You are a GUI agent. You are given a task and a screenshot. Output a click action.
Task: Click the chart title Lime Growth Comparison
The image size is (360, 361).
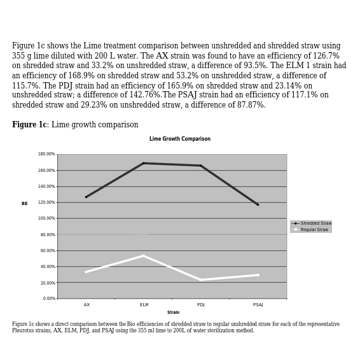[180, 139]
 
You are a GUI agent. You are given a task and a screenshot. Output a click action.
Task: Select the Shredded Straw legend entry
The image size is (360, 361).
[311, 223]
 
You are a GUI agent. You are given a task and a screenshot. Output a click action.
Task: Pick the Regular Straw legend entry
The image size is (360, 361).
[310, 230]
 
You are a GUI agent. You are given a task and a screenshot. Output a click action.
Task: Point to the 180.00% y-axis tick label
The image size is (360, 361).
[46, 154]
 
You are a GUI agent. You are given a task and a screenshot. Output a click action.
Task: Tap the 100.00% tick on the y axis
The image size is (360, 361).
[46, 218]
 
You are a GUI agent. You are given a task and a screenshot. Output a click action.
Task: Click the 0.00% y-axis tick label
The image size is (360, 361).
[49, 299]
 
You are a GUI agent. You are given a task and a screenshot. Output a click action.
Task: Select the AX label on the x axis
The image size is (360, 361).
[87, 305]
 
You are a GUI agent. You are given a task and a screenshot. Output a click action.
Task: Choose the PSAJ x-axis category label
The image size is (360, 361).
[258, 305]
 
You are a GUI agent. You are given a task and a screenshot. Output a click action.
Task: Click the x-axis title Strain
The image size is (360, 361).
[173, 313]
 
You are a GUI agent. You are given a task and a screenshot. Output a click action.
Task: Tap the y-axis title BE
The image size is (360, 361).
[25, 204]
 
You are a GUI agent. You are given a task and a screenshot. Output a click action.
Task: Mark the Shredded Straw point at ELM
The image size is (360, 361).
[144, 163]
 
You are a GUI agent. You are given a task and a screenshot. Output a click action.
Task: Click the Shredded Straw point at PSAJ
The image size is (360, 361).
[258, 204]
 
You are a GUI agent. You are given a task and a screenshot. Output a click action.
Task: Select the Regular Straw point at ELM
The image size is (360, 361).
[144, 255]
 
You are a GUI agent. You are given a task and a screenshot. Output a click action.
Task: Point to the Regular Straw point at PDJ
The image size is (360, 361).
[201, 280]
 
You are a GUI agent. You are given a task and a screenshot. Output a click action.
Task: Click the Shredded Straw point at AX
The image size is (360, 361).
[87, 197]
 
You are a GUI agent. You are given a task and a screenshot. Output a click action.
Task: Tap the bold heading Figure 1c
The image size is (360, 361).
[29, 125]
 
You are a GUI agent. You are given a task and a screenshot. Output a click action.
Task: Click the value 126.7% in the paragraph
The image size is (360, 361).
[326, 56]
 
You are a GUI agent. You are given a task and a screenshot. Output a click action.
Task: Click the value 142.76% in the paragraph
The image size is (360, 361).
[144, 95]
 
